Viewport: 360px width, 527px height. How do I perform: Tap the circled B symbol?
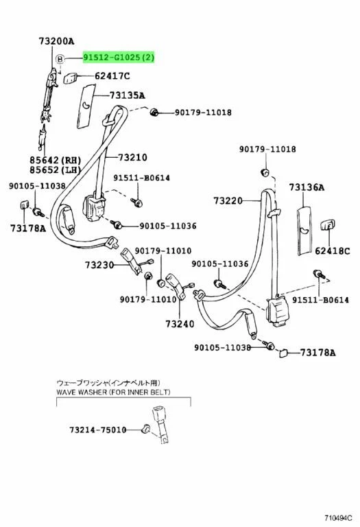click(x=60, y=60)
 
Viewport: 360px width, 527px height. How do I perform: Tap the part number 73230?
click(x=101, y=264)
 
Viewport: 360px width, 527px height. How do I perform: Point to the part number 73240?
click(x=180, y=324)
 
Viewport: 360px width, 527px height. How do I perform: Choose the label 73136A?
click(x=307, y=187)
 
